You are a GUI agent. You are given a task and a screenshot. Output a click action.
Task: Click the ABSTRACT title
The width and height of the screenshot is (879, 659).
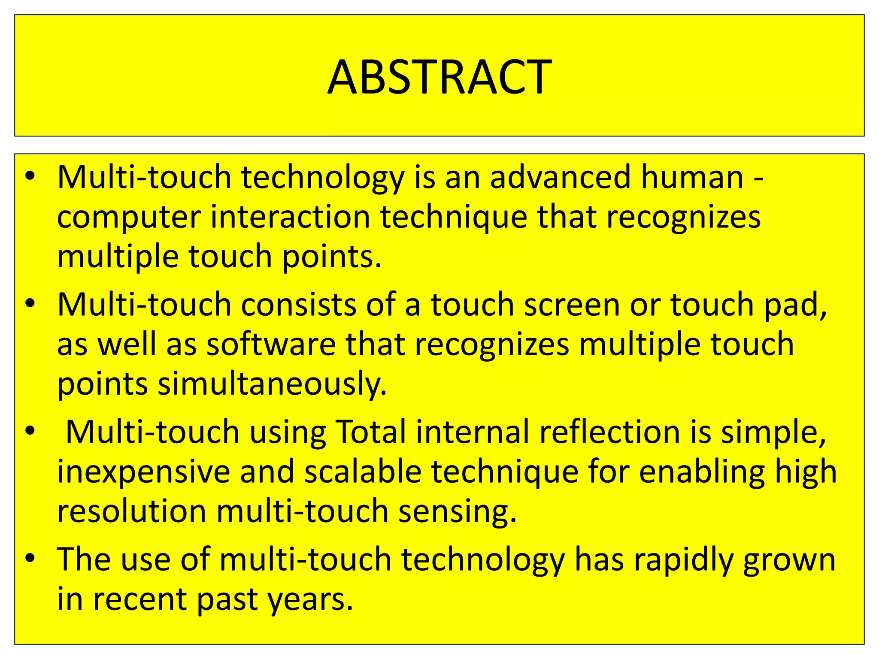pos(439,77)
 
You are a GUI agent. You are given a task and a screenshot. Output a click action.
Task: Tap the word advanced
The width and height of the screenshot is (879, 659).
pos(560,177)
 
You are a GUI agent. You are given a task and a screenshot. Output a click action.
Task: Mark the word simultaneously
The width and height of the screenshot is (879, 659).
pos(272,384)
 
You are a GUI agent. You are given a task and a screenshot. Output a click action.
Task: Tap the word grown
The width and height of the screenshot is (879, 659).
pos(789,560)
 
